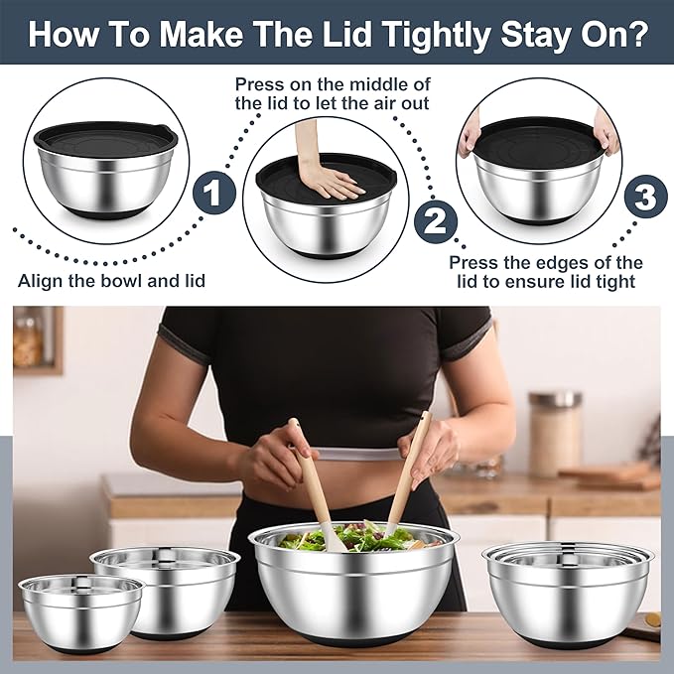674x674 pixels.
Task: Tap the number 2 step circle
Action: point(434,219)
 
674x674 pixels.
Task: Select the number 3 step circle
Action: point(645,196)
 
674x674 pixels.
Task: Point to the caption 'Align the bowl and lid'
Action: point(111,281)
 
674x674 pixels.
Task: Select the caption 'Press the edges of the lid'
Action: point(545,272)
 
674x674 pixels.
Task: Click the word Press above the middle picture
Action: point(260,84)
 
